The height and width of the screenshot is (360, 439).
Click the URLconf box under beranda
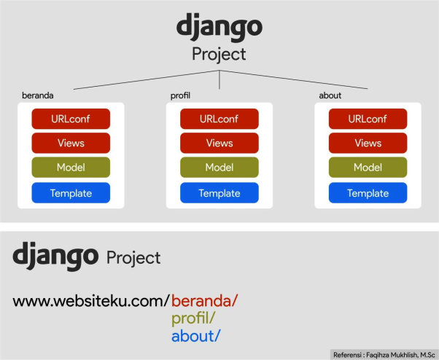coord(71,119)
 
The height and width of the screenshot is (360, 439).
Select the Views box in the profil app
coord(219,144)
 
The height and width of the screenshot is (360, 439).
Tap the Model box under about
coord(368,168)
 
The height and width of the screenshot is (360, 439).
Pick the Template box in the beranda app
coord(71,193)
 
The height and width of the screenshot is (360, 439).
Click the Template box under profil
coord(219,193)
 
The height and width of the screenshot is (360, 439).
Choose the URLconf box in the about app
coord(368,119)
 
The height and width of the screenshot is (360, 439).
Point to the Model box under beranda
coord(71,168)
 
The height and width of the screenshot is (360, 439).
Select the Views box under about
coord(368,144)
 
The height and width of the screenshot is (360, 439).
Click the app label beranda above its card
coord(39,95)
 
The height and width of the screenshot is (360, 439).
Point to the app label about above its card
coord(330,95)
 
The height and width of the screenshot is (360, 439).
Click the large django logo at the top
coord(219,28)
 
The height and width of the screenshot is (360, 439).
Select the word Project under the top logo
coord(219,55)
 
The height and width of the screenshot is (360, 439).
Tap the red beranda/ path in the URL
coord(205,300)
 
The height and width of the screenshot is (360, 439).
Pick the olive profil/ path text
coord(193,318)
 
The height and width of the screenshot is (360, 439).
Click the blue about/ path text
coord(195,336)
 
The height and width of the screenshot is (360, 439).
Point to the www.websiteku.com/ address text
coord(91,300)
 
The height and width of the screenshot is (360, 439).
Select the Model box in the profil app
coord(219,168)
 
